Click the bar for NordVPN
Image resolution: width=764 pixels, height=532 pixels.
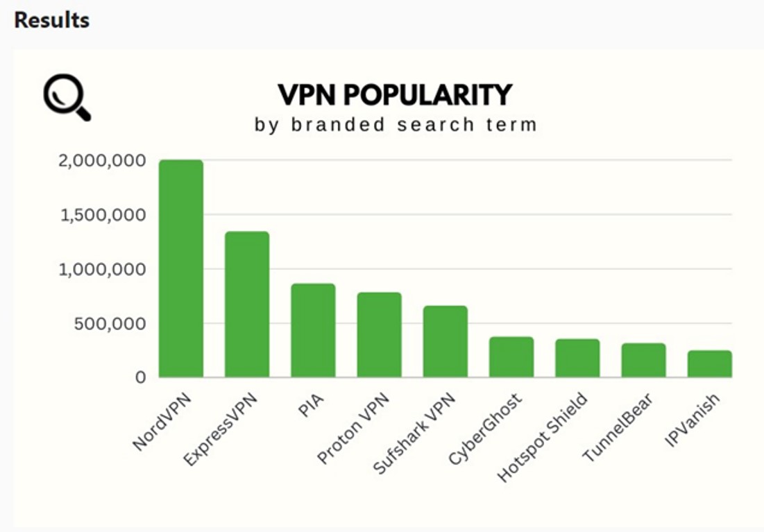pyautogui.click(x=181, y=268)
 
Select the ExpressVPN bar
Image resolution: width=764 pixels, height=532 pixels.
pyautogui.click(x=247, y=304)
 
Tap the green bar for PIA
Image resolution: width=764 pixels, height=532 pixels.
pyautogui.click(x=313, y=331)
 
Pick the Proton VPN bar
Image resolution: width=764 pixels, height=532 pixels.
pyautogui.click(x=379, y=335)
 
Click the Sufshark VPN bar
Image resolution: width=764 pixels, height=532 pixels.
pyautogui.click(x=445, y=342)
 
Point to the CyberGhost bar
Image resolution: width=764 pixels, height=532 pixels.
pyautogui.click(x=511, y=357)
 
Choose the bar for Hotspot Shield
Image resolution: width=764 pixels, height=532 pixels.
pyautogui.click(x=577, y=359)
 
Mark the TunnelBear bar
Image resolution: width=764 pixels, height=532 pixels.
pyautogui.click(x=643, y=361)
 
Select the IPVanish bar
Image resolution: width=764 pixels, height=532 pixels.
pyautogui.click(x=710, y=364)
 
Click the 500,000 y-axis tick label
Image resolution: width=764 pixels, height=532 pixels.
pyautogui.click(x=111, y=323)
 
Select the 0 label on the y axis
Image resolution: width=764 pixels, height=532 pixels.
pyautogui.click(x=141, y=377)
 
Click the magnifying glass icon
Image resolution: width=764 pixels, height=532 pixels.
pyautogui.click(x=67, y=98)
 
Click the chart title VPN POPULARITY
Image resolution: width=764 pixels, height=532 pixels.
pyautogui.click(x=395, y=94)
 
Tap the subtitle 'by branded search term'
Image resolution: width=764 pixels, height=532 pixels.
pyautogui.click(x=396, y=125)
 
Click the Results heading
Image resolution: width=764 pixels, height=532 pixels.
pyautogui.click(x=52, y=20)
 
